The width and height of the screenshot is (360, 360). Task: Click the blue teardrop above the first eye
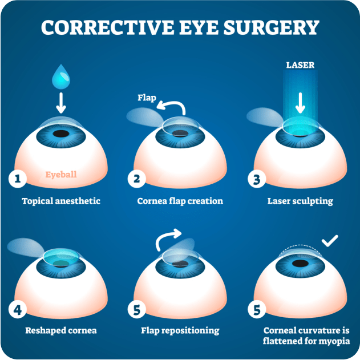[x=61, y=77]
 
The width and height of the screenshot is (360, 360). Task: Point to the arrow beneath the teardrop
[x=61, y=103]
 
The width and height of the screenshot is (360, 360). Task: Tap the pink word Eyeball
[x=61, y=175]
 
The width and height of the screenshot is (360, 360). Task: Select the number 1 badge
[x=18, y=179]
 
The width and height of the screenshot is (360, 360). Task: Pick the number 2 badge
[x=136, y=179]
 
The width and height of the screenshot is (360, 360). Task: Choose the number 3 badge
[x=257, y=179]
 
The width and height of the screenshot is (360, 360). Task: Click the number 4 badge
[x=18, y=309]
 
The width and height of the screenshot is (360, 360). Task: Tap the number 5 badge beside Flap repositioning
[x=136, y=309]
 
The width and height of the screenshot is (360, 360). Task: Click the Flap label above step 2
[x=147, y=98]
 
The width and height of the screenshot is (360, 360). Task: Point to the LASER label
[x=300, y=65]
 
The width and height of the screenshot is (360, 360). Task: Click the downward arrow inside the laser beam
[x=300, y=103]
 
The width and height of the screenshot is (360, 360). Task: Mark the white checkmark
[x=330, y=241]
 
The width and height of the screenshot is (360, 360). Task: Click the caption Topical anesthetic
[x=61, y=201]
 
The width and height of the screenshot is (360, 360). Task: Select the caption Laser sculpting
[x=300, y=201]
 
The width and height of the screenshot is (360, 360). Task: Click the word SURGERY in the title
[x=272, y=27]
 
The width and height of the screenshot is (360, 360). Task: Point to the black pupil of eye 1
[x=61, y=134]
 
